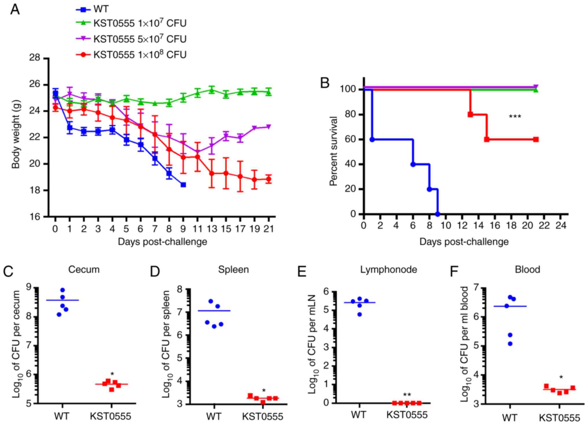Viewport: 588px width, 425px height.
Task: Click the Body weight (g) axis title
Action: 16,137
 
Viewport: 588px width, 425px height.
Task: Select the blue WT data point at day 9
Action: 183,185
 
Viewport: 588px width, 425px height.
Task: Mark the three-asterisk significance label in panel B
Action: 515,117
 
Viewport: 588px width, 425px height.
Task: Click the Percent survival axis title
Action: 334,151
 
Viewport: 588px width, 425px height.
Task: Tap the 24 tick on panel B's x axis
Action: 561,226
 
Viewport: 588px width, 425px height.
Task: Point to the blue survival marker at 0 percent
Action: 437,214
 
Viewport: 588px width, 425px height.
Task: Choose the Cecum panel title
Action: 84,270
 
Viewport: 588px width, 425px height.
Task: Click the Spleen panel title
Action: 233,270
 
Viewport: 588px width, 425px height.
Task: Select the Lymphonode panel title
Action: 388,270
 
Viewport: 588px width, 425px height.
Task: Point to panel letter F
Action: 455,272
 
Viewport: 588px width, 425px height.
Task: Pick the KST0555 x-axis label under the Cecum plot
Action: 111,416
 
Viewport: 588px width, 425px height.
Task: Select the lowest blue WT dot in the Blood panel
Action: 510,344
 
